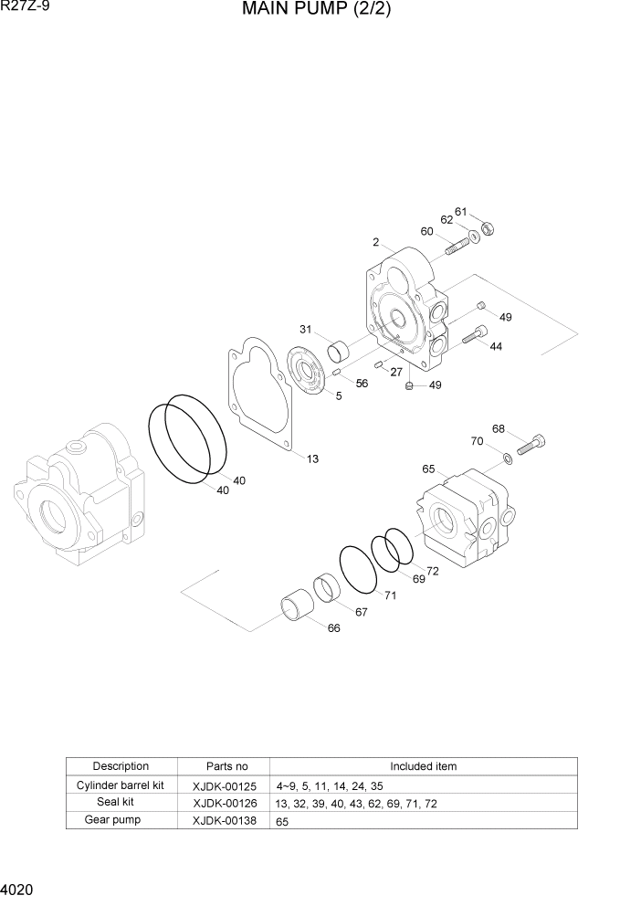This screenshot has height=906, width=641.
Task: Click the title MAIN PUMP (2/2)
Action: click(x=317, y=11)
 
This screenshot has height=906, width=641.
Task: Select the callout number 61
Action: click(x=461, y=212)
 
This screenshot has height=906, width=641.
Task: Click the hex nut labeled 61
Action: click(x=487, y=228)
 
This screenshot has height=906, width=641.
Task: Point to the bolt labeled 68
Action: click(x=532, y=445)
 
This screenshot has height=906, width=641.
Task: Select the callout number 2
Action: click(x=375, y=242)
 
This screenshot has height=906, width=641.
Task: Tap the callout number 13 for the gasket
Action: click(x=312, y=458)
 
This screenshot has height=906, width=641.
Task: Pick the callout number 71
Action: click(x=390, y=595)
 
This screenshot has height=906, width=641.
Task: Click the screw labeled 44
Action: click(x=476, y=336)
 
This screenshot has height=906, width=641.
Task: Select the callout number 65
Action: click(x=428, y=469)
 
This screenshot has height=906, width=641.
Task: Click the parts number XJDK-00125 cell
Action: click(x=225, y=785)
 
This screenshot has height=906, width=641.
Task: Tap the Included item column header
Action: click(x=423, y=766)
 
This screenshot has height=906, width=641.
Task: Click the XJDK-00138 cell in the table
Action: click(x=225, y=821)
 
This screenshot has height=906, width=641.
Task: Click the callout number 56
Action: click(x=362, y=384)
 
